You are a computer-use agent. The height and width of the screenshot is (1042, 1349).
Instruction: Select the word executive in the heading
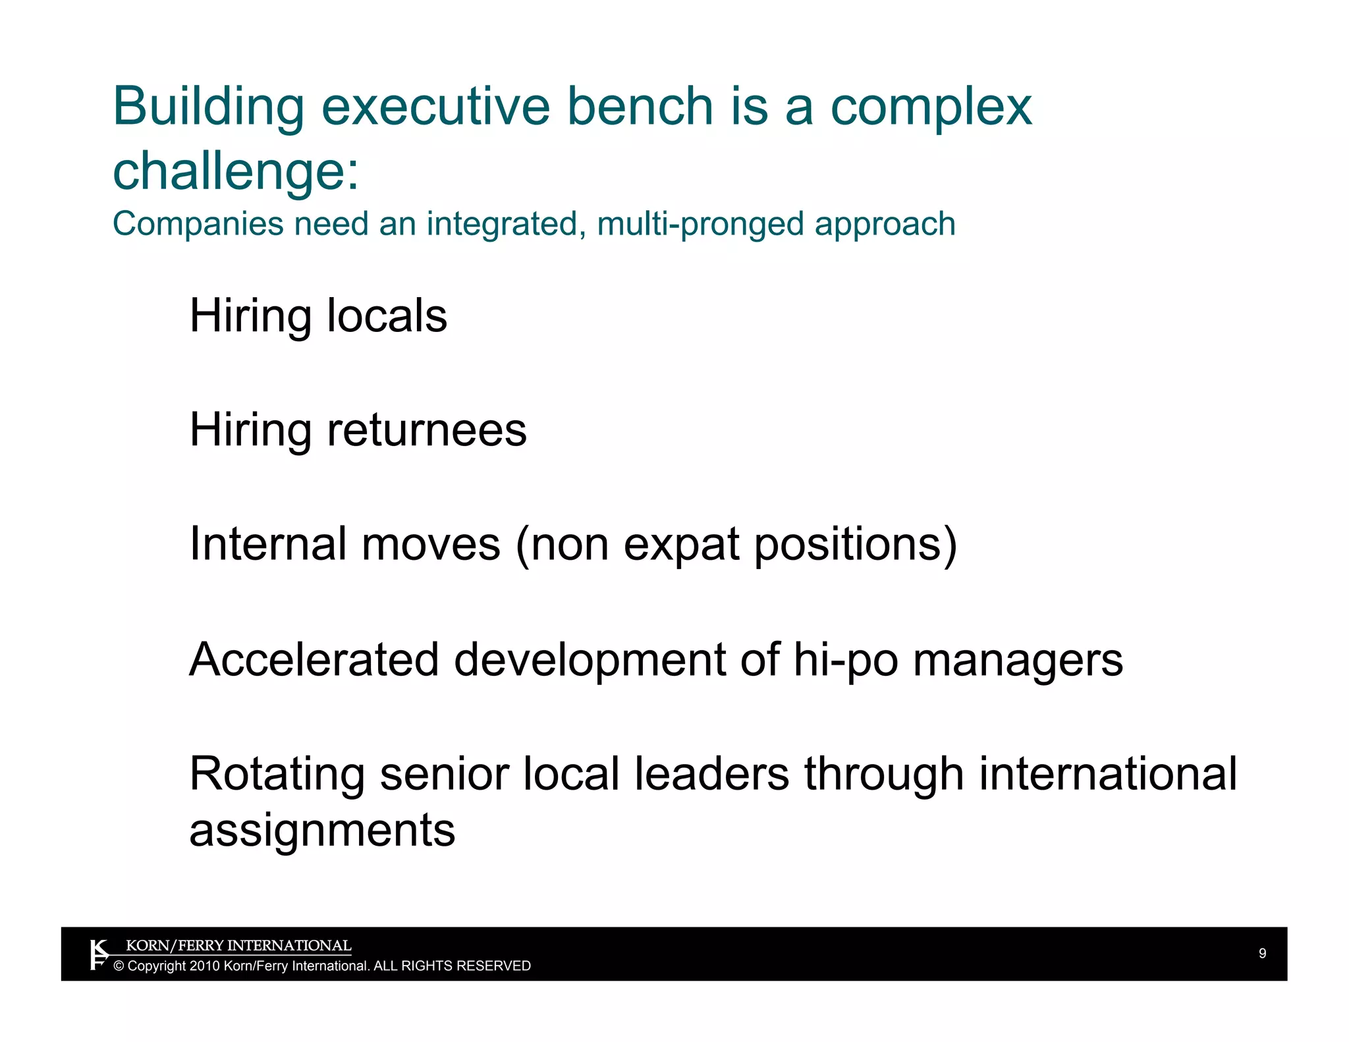point(435,107)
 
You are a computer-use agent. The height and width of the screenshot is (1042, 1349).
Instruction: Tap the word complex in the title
point(931,107)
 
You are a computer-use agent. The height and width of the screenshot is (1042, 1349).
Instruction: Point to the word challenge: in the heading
point(236,171)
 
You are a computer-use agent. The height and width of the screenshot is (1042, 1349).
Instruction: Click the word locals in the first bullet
point(387,315)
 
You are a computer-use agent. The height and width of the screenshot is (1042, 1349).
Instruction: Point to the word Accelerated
point(314,659)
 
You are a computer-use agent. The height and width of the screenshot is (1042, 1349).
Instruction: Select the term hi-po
point(845,659)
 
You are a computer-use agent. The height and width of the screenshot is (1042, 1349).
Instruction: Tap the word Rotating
point(277,774)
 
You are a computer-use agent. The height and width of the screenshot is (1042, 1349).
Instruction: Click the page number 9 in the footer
point(1262,953)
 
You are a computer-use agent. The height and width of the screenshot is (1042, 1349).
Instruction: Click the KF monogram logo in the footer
point(99,954)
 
